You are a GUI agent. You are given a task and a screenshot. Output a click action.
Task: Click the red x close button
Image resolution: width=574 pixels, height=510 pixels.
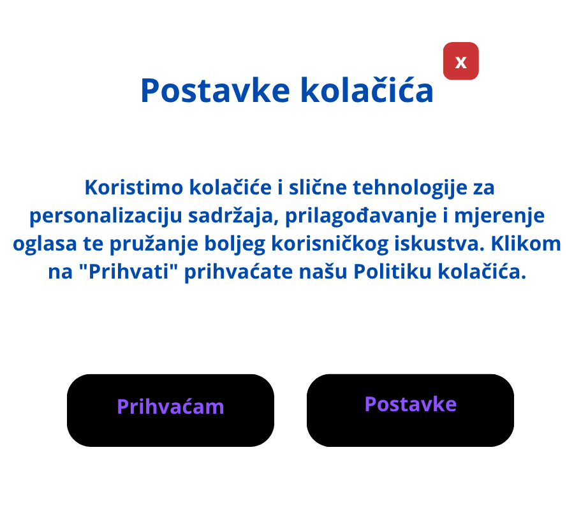pos(460,61)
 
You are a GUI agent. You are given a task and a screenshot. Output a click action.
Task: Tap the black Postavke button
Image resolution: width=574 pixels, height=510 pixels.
pos(410,410)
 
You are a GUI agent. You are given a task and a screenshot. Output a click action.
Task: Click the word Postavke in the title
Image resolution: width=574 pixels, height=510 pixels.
pos(216,91)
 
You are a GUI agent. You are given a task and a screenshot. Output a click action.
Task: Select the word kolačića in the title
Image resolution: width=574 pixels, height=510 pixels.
pos(367,90)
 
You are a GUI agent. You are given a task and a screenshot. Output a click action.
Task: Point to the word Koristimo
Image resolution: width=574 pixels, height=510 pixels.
pos(134,187)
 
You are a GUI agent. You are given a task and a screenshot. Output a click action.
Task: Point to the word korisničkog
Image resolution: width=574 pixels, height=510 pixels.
pos(330,244)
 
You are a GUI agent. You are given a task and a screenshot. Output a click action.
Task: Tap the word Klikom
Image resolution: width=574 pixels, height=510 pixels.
pos(526,244)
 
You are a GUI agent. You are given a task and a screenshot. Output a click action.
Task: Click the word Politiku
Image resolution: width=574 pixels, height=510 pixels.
pos(392,272)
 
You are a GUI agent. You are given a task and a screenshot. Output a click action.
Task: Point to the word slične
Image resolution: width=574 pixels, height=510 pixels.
pos(318,187)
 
